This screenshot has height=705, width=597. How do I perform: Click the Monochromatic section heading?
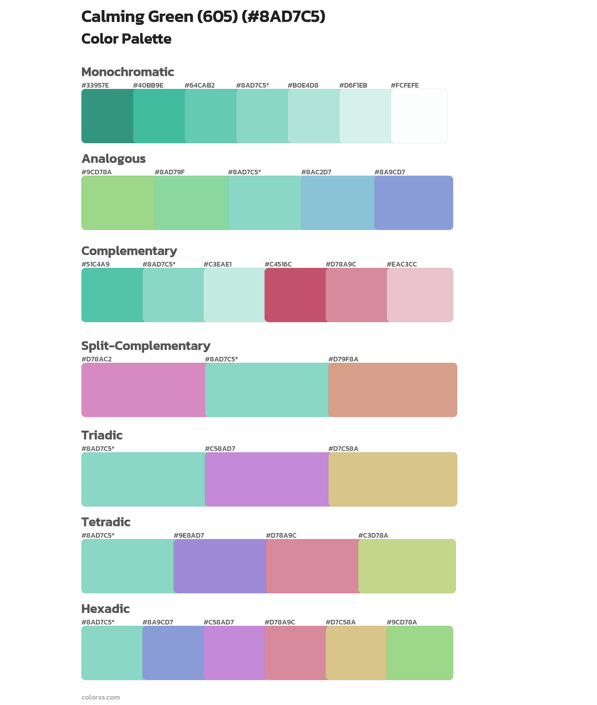coord(128,72)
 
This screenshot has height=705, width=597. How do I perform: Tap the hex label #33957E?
coord(95,85)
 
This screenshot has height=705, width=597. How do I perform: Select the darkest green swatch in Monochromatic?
coord(107,116)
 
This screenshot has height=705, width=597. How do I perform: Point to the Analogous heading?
coord(113,159)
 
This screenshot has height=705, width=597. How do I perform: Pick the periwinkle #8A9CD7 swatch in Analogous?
coord(414,203)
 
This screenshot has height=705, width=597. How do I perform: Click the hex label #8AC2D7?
coord(316,172)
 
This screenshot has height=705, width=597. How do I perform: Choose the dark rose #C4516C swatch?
coord(295,295)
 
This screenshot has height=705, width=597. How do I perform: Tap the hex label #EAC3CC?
coord(402,264)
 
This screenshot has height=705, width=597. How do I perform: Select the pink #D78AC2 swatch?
coord(143,390)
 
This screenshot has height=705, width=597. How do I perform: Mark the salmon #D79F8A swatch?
coord(393,390)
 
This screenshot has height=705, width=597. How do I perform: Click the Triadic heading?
coord(102,435)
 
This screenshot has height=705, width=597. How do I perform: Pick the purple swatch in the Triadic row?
coord(267,479)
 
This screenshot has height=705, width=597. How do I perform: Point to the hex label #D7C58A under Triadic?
coord(343,449)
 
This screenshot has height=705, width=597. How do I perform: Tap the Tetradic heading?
coord(106,522)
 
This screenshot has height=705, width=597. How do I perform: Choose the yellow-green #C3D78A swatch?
coord(407,566)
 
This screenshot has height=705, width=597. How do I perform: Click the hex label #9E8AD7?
coord(189,535)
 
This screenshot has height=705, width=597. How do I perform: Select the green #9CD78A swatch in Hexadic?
coord(420,653)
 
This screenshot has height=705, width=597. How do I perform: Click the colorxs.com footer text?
coord(100,697)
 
